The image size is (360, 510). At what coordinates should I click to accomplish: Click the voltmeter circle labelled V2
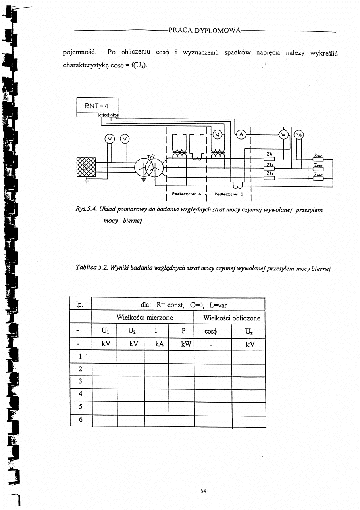coord(299,135)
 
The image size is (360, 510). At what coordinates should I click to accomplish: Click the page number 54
coord(203,491)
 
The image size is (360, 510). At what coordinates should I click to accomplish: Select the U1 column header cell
coord(104,331)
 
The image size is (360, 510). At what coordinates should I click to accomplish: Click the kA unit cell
coord(156,345)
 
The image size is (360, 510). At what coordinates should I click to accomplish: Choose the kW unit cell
coord(181,345)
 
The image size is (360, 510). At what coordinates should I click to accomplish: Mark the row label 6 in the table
coord(81,419)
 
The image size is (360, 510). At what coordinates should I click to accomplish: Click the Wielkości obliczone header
coord(229,318)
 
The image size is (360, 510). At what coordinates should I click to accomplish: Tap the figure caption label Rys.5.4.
coord(85,210)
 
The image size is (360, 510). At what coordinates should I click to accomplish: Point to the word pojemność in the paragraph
coord(78,53)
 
